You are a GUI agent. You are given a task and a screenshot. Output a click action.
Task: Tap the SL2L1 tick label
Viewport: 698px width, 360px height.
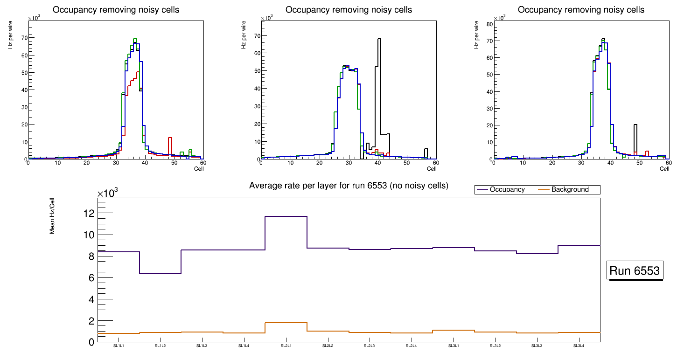tap(286, 346)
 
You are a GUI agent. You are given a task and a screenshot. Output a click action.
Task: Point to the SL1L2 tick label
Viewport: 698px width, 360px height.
tap(160, 346)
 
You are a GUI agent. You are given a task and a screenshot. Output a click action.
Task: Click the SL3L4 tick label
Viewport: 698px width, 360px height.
tap(579, 346)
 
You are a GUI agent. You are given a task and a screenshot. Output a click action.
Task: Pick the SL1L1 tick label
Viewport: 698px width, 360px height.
tap(119, 346)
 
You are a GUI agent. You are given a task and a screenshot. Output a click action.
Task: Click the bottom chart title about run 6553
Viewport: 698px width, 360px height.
tap(349, 186)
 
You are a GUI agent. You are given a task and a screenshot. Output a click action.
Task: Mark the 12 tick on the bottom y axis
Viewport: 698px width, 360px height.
tap(89, 214)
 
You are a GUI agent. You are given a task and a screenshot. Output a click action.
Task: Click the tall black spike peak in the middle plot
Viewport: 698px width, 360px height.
tap(379, 39)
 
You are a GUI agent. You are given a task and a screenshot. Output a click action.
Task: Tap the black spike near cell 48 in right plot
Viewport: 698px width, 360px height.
tap(635, 125)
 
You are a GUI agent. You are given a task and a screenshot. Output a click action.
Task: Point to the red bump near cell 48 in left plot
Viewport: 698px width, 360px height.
tap(170, 138)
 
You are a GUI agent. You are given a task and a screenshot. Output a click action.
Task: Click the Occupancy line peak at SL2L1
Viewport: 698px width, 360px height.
tap(286, 216)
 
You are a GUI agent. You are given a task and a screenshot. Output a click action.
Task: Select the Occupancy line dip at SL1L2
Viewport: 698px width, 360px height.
tap(160, 273)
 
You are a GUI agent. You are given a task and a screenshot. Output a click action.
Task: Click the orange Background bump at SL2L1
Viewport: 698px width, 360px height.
tap(286, 323)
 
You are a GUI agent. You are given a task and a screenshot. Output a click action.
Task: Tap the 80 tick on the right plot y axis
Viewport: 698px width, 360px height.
tap(489, 23)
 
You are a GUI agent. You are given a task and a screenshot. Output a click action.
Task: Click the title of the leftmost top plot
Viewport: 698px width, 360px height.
tap(116, 10)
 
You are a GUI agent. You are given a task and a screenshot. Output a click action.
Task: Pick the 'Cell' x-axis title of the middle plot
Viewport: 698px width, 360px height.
tap(432, 169)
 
